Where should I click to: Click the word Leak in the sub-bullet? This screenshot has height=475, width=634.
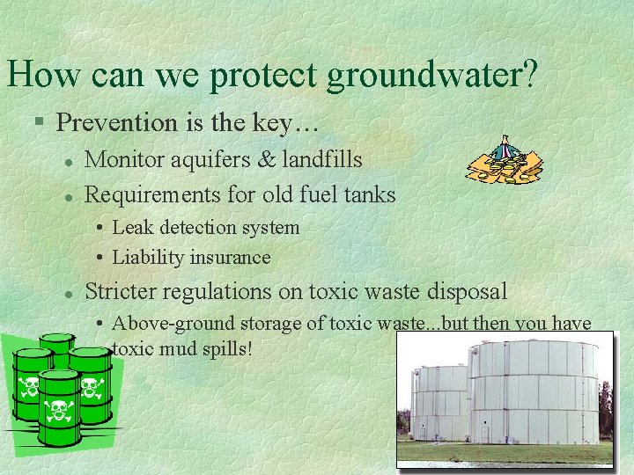click(131, 227)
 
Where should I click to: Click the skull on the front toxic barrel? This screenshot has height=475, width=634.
click(60, 410)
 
